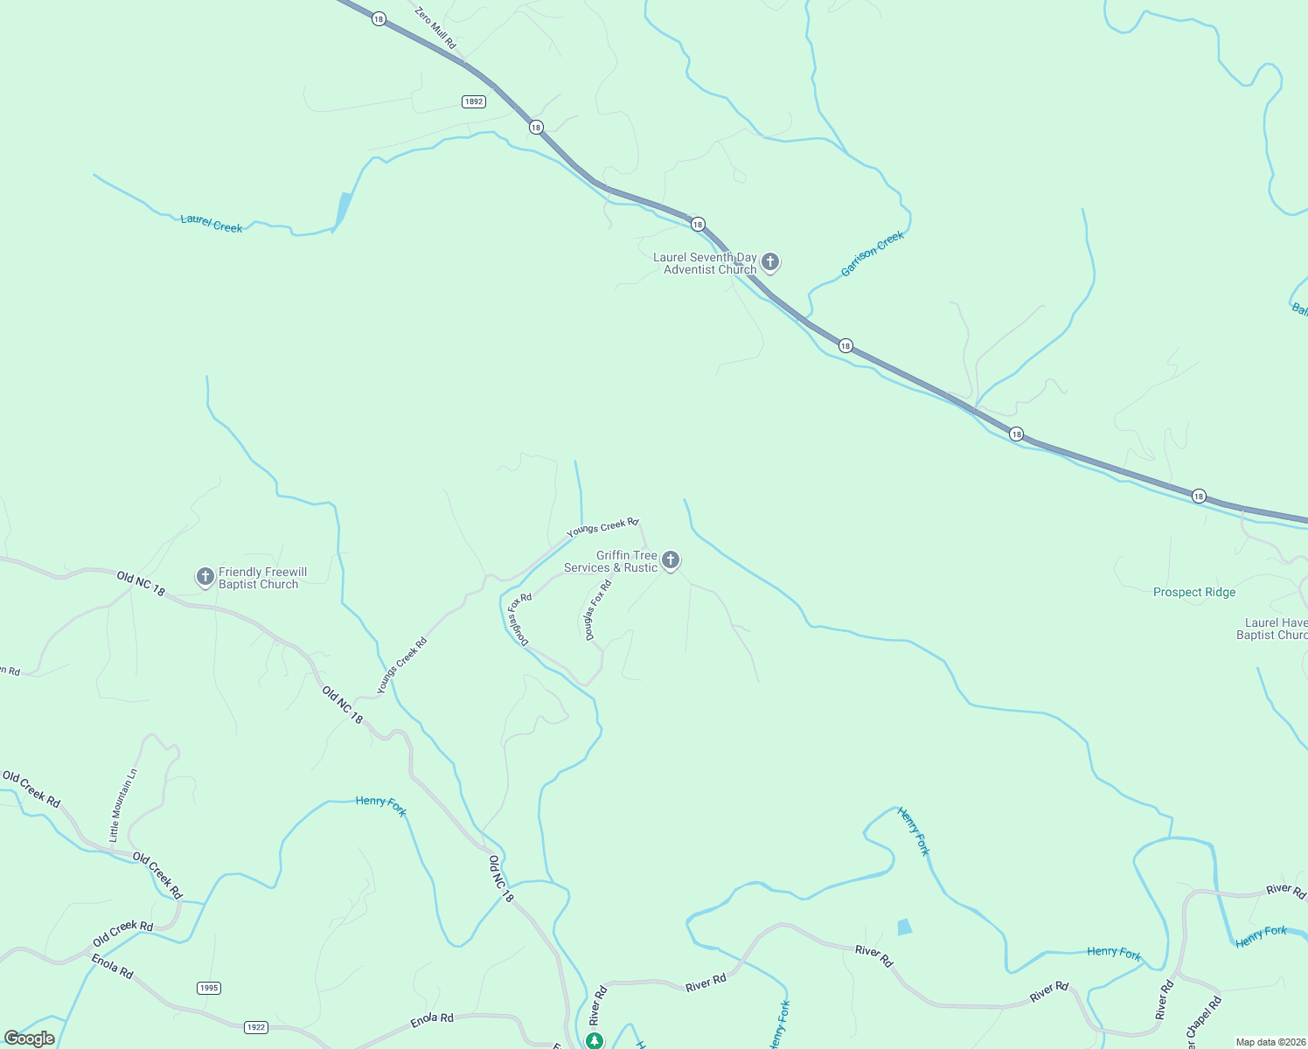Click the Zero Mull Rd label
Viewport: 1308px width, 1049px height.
(435, 28)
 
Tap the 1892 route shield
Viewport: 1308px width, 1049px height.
(473, 101)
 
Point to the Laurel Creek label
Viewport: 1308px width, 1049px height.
(211, 223)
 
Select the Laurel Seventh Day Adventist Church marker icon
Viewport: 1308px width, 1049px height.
(770, 261)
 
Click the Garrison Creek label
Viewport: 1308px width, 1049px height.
(872, 254)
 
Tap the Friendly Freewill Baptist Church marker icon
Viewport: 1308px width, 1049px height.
(205, 577)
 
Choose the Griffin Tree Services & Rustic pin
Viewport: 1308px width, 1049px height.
(671, 560)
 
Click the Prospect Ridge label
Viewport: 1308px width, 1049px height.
(1193, 592)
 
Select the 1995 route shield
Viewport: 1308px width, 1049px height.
(208, 988)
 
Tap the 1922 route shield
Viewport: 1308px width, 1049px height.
(255, 1027)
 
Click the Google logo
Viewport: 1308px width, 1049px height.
(30, 1039)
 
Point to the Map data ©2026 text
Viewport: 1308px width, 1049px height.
(1270, 1042)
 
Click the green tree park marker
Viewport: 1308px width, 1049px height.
(595, 1040)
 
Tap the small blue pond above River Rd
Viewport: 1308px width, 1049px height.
(904, 927)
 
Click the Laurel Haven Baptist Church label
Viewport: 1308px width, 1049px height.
(1275, 629)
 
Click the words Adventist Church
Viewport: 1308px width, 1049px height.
(709, 269)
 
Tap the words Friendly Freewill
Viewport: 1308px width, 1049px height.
(262, 572)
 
